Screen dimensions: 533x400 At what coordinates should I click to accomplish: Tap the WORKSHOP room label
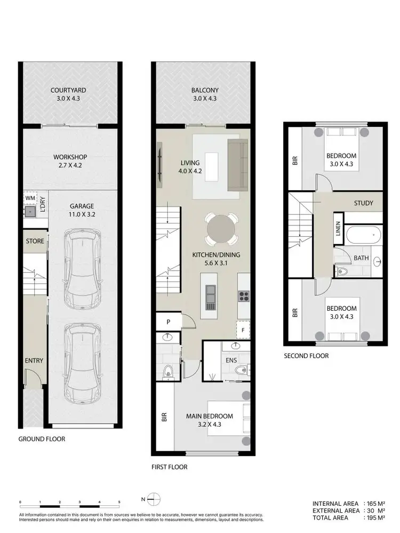tap(70, 157)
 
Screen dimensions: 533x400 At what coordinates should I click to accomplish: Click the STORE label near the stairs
tap(35, 241)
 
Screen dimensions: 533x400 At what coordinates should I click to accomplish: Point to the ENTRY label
tap(34, 361)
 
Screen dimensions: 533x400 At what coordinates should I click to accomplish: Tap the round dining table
tap(220, 230)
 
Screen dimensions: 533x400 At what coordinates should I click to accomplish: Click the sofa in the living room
tap(237, 164)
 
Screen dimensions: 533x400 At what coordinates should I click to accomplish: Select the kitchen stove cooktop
tap(244, 294)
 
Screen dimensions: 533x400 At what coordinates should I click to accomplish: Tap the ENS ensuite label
tap(231, 360)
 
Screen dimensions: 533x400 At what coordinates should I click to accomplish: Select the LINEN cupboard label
tap(338, 229)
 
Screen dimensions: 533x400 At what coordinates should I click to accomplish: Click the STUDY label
tap(363, 203)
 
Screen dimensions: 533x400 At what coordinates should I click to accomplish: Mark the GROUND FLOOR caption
tap(42, 439)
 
